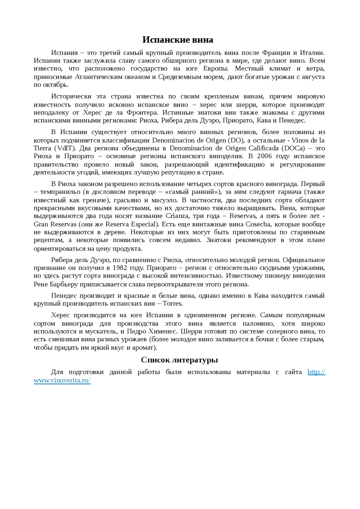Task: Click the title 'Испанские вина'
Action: coord(177,40)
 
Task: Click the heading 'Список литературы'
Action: coord(179,360)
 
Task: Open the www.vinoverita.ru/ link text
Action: coord(62,380)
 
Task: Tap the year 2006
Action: coord(264,156)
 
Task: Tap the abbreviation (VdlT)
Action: coord(65,148)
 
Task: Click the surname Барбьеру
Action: coord(64,284)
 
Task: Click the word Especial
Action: coord(143,224)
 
